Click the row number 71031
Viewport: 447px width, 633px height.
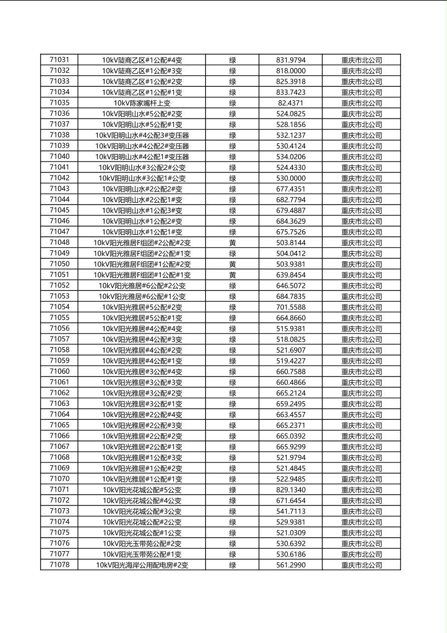coord(60,60)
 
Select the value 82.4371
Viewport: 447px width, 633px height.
coord(291,103)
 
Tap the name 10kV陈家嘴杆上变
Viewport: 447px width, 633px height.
coord(142,103)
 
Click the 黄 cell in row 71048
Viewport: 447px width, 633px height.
coord(233,243)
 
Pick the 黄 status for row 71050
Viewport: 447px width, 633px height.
coord(233,264)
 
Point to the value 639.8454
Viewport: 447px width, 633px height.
coord(291,275)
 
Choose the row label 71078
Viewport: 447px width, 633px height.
coord(60,565)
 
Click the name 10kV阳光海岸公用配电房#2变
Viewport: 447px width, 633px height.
coord(142,565)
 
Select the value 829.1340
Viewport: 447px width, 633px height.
coord(291,490)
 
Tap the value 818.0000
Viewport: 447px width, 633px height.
coord(291,71)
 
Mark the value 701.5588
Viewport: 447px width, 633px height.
coord(291,307)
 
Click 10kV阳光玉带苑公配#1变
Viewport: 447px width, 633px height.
coord(142,554)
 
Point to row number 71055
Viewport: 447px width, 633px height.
coord(60,318)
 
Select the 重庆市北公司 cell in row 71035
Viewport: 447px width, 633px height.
coord(361,103)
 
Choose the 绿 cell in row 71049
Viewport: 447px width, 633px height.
coord(233,253)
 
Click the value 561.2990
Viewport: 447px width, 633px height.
coord(291,565)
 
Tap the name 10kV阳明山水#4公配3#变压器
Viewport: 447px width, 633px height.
coord(142,135)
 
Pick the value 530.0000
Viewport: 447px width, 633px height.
coord(291,178)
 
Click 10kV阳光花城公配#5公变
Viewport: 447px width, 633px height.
coord(142,490)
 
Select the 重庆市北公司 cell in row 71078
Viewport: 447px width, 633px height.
coord(361,565)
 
